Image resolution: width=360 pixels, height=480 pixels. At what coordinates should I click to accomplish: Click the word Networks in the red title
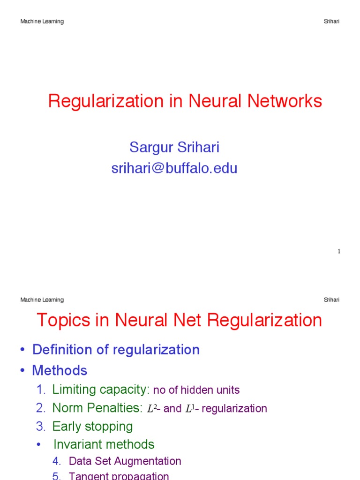click(284, 101)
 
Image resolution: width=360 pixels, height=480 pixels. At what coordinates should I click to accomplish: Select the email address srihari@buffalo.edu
click(174, 168)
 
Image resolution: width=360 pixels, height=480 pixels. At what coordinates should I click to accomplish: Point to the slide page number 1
click(339, 252)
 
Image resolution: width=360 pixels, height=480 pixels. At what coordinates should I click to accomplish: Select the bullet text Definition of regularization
click(116, 350)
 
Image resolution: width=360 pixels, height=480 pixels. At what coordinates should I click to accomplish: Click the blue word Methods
click(60, 371)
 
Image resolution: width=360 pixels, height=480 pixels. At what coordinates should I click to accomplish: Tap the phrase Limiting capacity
click(101, 390)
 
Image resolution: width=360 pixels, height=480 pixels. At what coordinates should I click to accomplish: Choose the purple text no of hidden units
click(196, 390)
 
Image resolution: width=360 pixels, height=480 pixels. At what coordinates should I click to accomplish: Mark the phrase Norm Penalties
click(97, 408)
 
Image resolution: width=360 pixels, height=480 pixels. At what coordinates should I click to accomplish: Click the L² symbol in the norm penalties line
click(151, 409)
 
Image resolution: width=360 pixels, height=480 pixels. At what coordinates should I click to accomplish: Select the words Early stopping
click(92, 427)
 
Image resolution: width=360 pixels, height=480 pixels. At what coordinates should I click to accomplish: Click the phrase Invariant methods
click(104, 444)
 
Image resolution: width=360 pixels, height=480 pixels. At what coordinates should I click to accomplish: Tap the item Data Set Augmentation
click(125, 461)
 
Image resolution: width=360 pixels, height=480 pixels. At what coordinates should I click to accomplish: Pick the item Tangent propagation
click(119, 476)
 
